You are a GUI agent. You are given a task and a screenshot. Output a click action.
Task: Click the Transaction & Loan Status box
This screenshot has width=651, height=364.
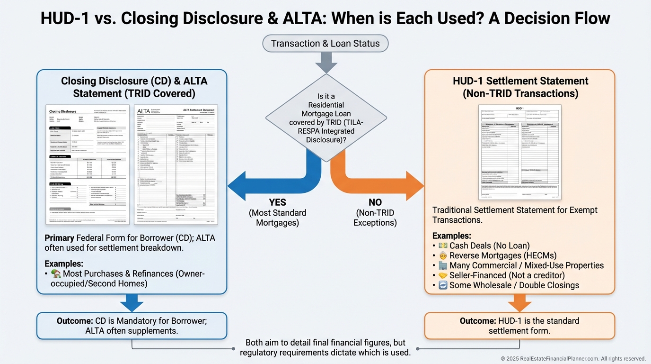[x=325, y=44]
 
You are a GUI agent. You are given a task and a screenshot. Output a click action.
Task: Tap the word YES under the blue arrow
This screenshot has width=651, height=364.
[x=278, y=203]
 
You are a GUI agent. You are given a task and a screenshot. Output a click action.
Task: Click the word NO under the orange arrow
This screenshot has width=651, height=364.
[x=375, y=203]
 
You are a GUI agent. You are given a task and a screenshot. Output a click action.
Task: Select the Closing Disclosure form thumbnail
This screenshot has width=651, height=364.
[x=88, y=164]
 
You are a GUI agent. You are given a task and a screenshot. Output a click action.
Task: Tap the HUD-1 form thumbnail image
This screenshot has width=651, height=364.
[x=519, y=152]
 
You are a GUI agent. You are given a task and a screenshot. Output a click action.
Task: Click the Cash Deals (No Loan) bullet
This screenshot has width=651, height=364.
[x=489, y=246]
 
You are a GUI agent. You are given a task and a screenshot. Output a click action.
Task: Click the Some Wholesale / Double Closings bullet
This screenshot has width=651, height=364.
[x=514, y=285]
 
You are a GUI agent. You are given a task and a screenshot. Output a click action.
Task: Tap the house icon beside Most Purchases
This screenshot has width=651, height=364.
[x=56, y=273]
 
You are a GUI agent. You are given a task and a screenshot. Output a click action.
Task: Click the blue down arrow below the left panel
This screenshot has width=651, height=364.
[x=132, y=302]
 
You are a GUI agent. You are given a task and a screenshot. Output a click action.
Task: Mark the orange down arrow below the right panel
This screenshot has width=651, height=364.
[x=519, y=302]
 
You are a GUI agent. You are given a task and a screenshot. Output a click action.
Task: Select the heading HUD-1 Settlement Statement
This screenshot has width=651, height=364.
[x=520, y=81]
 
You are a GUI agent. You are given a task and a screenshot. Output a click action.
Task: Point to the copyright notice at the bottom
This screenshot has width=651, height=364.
[x=573, y=359]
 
